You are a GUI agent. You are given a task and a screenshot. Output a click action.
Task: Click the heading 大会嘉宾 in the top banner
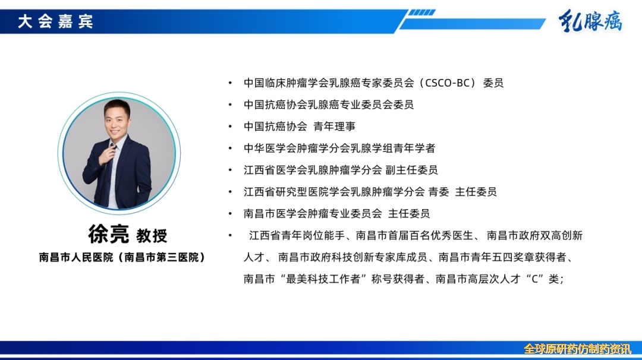pos(55,21)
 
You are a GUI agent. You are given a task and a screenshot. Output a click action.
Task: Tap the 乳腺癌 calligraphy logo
pos(590,20)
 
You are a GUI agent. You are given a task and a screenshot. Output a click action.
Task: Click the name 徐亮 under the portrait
pos(109,235)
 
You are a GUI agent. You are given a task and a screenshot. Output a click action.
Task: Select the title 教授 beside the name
pos(152,236)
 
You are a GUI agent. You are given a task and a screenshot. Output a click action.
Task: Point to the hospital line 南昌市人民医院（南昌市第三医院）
pos(122,257)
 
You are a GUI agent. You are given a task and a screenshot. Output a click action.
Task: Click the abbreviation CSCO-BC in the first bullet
pos(447,83)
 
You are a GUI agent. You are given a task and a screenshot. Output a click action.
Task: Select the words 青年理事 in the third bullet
pos(334,127)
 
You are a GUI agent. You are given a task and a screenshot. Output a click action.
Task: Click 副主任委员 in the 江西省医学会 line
pos(411,170)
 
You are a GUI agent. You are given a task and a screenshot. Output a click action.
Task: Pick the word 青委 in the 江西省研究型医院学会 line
pos(439,191)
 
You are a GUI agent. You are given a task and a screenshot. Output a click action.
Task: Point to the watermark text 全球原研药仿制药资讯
pos(577,349)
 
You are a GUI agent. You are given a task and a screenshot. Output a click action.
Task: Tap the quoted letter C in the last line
pos(534,279)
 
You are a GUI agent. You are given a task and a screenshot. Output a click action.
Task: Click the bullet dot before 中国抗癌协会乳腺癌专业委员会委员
pos(230,105)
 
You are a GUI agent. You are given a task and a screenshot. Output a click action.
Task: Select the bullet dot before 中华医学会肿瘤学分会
pos(230,148)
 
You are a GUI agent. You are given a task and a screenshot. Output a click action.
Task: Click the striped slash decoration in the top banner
pos(421,12)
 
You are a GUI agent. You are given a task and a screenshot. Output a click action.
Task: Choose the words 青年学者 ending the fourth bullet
pos(414,148)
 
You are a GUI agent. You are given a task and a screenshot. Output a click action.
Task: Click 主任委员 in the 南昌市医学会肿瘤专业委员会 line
pos(408,213)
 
